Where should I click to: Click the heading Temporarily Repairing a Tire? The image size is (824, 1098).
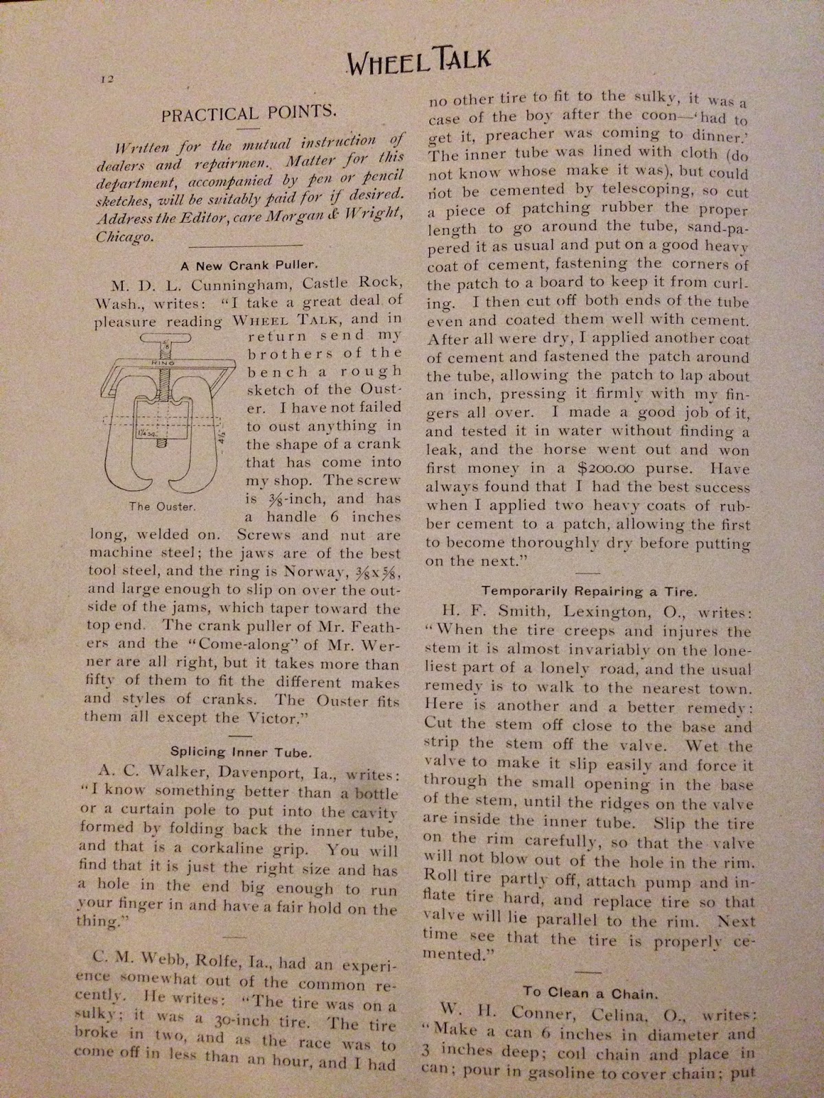(587, 589)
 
